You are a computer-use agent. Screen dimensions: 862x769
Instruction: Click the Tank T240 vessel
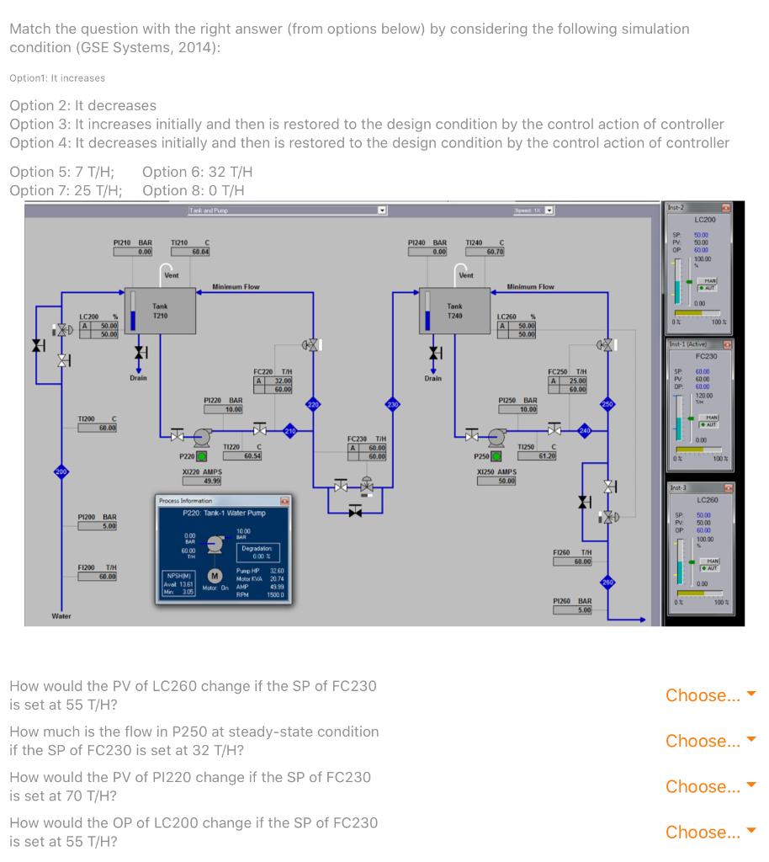coord(455,311)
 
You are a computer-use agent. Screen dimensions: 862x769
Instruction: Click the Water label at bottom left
coord(61,616)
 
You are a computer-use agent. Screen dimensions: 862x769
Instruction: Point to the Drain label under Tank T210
coord(139,378)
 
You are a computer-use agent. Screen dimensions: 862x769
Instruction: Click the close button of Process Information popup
coord(284,502)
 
